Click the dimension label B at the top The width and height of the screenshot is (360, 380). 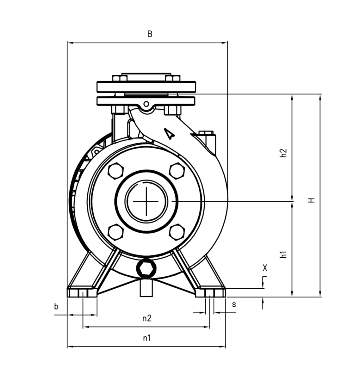click(150, 34)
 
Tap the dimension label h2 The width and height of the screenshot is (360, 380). click(283, 153)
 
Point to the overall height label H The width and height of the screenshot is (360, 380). click(311, 200)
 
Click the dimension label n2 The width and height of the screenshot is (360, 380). click(147, 318)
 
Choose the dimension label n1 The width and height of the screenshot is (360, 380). click(146, 338)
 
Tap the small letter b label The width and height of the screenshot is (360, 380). click(56, 307)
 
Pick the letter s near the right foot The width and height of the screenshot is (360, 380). click(234, 305)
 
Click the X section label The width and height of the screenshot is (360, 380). click(265, 268)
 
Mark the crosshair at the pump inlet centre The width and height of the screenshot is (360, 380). click(146, 202)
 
